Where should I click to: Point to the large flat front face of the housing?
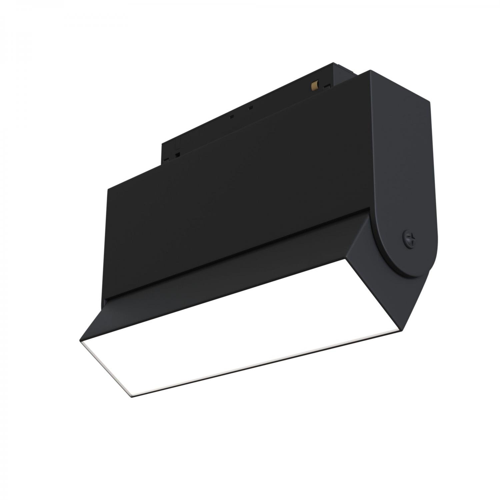click(x=233, y=187)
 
